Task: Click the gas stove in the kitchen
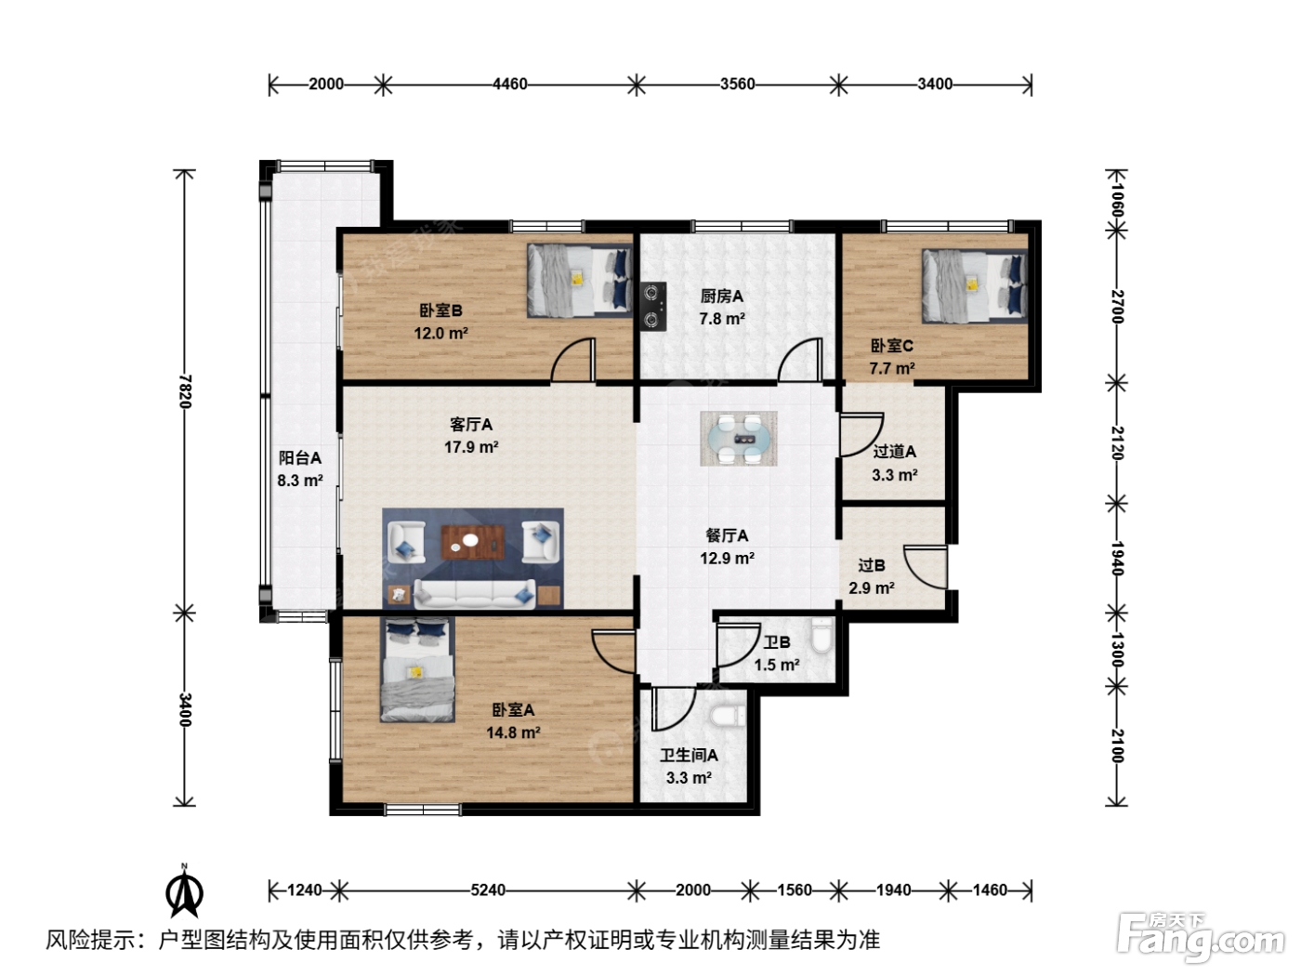click(653, 307)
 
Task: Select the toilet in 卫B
click(821, 635)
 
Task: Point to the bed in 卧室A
click(418, 669)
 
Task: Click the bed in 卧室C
click(975, 286)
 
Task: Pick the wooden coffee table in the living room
click(472, 542)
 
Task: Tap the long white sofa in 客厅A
click(474, 593)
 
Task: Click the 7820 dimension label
click(185, 391)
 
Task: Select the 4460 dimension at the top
click(510, 85)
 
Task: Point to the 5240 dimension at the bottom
click(488, 890)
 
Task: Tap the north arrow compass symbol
click(184, 890)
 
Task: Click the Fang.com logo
click(1202, 937)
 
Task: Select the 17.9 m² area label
click(471, 447)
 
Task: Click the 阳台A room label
click(300, 457)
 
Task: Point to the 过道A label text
click(894, 452)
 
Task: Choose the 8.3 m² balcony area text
click(300, 480)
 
